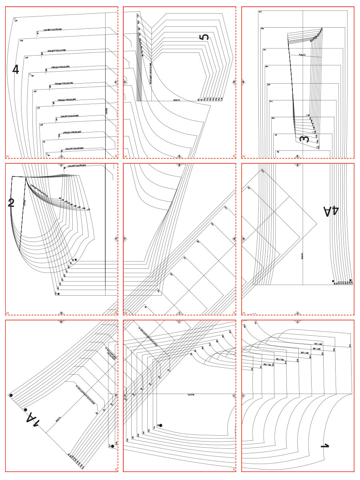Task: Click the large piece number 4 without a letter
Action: click(x=16, y=70)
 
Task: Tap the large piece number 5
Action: click(x=204, y=37)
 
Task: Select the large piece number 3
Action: click(x=304, y=139)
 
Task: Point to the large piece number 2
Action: click(x=11, y=203)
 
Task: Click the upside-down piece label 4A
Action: click(x=331, y=211)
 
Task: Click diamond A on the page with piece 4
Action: click(x=116, y=82)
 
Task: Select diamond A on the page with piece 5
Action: click(x=125, y=82)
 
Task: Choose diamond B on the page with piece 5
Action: click(x=234, y=82)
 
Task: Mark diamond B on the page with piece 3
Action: click(x=244, y=82)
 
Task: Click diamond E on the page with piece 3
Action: click(x=298, y=156)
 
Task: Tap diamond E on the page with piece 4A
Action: click(x=298, y=164)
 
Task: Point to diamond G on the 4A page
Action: click(x=244, y=239)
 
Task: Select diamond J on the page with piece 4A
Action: click(x=298, y=313)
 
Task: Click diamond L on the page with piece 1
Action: click(x=244, y=396)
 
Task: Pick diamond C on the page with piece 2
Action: click(x=61, y=164)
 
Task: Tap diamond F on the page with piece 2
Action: click(x=116, y=239)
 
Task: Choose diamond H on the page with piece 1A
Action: click(x=61, y=321)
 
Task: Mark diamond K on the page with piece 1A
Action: click(x=116, y=396)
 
